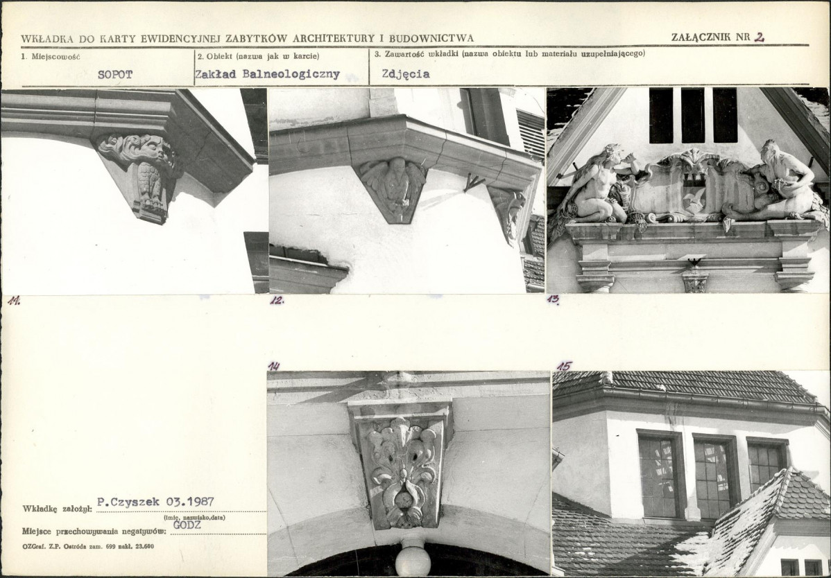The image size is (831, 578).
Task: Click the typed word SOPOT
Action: [x=115, y=75]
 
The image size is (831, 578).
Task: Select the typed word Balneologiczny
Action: [x=291, y=74]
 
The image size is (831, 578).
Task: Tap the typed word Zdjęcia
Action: [x=405, y=74]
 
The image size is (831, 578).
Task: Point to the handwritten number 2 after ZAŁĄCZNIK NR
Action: [x=759, y=37]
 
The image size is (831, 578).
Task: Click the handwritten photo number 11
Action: [x=14, y=301]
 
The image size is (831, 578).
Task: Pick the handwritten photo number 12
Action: [x=277, y=300]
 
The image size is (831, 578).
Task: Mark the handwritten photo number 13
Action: [x=553, y=299]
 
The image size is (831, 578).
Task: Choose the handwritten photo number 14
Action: [x=273, y=367]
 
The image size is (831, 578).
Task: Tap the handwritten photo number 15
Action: [x=565, y=365]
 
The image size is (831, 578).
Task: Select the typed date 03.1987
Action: [x=190, y=501]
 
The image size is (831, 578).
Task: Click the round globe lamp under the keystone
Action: [x=413, y=561]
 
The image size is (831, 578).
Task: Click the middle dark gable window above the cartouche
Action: [x=693, y=115]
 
